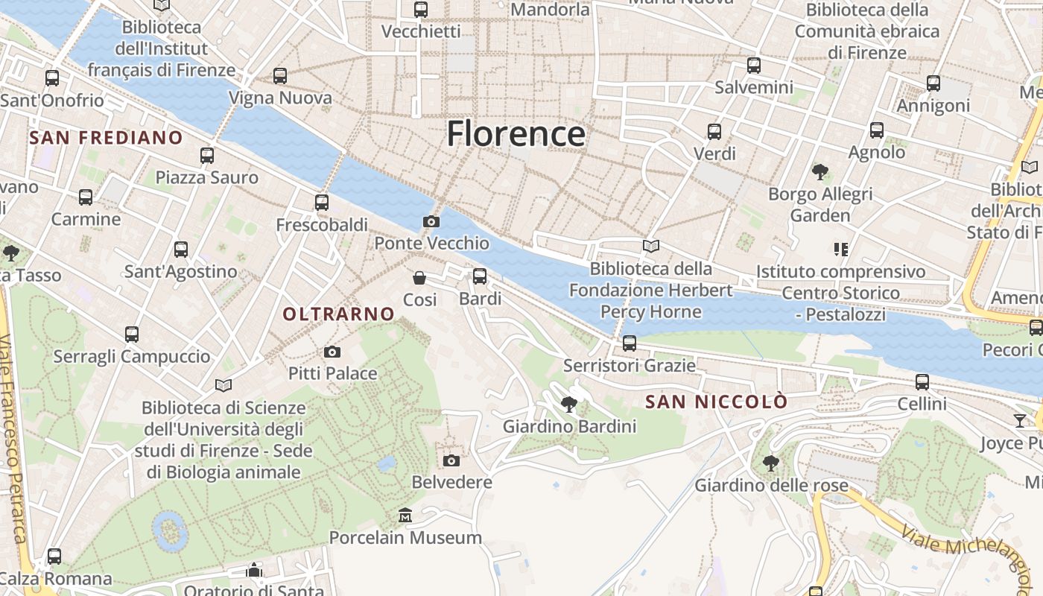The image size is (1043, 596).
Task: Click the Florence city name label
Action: (x=516, y=134)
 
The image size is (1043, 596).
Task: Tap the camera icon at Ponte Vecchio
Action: (x=431, y=221)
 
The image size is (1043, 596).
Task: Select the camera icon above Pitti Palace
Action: (x=332, y=352)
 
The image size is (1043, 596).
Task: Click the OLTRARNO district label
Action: (x=338, y=314)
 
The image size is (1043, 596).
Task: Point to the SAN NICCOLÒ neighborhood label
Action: (x=716, y=402)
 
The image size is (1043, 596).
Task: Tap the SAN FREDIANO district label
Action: (x=106, y=138)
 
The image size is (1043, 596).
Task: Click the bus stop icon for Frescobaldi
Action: (x=322, y=202)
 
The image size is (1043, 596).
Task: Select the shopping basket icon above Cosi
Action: (x=419, y=278)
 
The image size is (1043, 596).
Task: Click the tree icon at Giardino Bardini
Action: (x=569, y=405)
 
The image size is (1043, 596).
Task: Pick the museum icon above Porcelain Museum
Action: (x=405, y=516)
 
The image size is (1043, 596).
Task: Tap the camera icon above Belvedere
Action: (x=451, y=460)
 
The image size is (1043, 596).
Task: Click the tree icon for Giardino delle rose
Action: (x=771, y=463)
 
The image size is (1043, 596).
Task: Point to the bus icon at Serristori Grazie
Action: (x=630, y=343)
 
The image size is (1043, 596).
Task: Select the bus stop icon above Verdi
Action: (x=714, y=132)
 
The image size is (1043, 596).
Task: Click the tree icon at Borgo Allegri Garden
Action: (x=820, y=172)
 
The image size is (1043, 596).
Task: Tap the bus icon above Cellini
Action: (x=922, y=382)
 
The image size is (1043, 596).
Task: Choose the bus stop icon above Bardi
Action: (x=480, y=276)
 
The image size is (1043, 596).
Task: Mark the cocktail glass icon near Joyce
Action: (x=1019, y=421)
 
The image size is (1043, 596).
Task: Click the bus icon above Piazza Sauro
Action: (x=207, y=156)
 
